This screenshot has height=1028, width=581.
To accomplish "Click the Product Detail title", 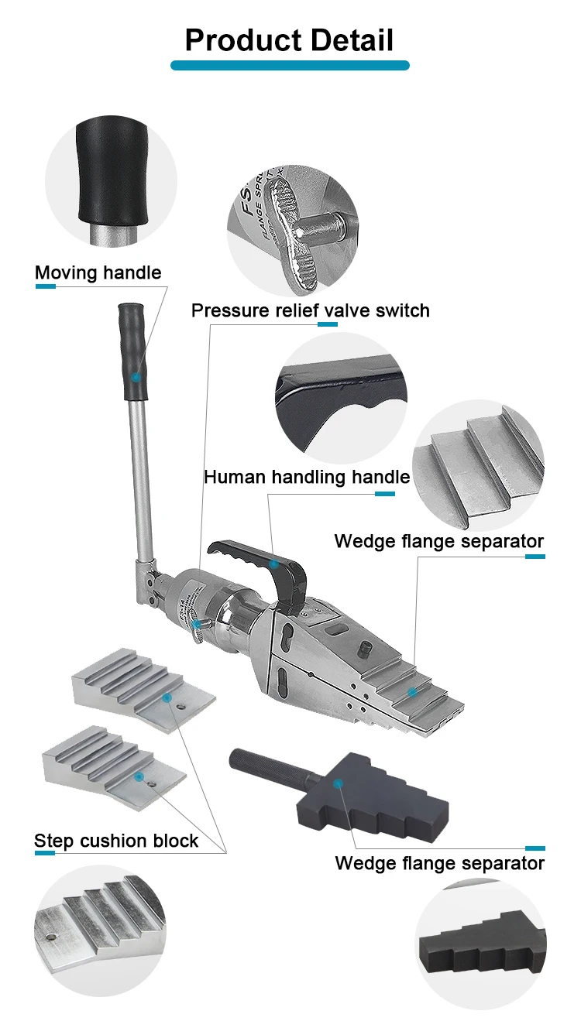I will tap(290, 40).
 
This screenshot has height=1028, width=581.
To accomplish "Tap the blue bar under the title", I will tap(290, 66).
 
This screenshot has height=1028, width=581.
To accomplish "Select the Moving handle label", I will tap(98, 272).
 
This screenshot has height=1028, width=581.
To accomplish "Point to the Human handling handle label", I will tap(307, 477).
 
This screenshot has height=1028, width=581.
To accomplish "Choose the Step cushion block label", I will tap(116, 841).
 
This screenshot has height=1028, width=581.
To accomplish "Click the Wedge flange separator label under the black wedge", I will tap(439, 862).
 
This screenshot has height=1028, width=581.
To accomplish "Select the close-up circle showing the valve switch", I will tap(293, 231).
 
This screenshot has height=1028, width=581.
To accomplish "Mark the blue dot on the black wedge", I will tap(338, 783).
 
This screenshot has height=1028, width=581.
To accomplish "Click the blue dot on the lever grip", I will tap(136, 377).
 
